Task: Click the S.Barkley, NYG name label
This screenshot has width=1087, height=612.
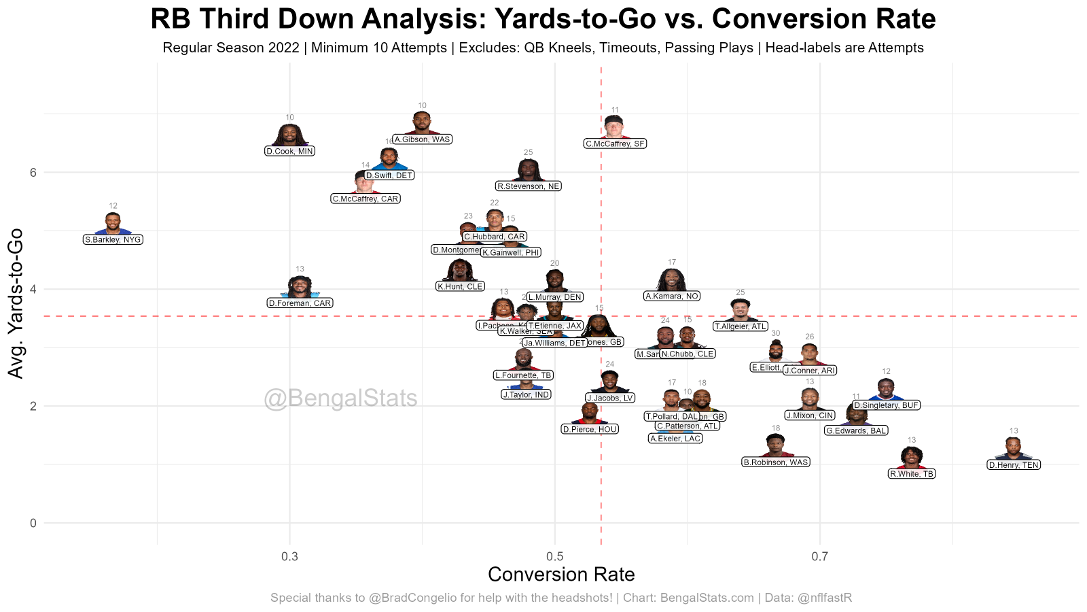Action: pyautogui.click(x=113, y=240)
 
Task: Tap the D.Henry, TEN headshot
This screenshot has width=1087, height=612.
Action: pyautogui.click(x=1013, y=449)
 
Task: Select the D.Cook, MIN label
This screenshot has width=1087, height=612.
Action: pyautogui.click(x=290, y=152)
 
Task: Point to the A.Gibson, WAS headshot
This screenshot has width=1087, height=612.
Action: pyautogui.click(x=423, y=124)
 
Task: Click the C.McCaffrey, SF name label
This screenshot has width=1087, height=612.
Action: pyautogui.click(x=616, y=144)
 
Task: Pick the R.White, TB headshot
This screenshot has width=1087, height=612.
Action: pyautogui.click(x=912, y=457)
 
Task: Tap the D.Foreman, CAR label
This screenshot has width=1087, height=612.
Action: pyautogui.click(x=300, y=303)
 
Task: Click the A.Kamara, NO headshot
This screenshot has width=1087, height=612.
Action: pyautogui.click(x=672, y=279)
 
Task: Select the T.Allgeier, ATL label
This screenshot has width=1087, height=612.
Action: pyautogui.click(x=741, y=326)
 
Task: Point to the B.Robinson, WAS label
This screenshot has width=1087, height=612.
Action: pyautogui.click(x=776, y=462)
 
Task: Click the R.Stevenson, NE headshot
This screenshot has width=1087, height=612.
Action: pyautogui.click(x=529, y=170)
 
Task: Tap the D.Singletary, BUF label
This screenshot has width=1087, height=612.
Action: pyautogui.click(x=886, y=405)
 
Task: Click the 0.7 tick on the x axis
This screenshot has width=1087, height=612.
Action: pyautogui.click(x=820, y=557)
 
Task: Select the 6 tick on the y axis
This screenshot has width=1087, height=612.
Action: pyautogui.click(x=33, y=173)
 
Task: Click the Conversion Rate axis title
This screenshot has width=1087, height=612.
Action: pyautogui.click(x=561, y=575)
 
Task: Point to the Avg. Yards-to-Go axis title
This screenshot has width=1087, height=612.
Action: pyautogui.click(x=16, y=303)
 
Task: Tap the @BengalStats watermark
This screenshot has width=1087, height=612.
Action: pyautogui.click(x=340, y=398)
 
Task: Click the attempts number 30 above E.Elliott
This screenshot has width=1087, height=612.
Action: pyautogui.click(x=776, y=334)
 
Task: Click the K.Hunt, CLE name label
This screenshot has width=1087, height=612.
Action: pyautogui.click(x=460, y=287)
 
